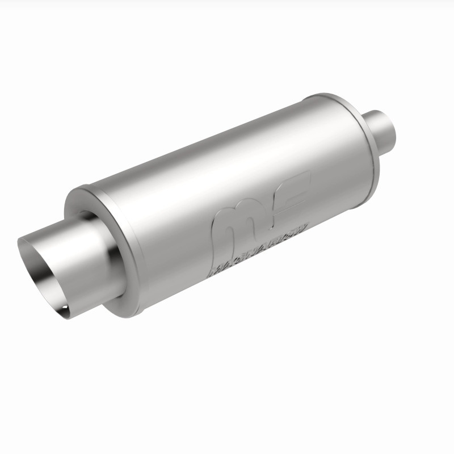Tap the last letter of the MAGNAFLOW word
[x=304, y=226]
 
